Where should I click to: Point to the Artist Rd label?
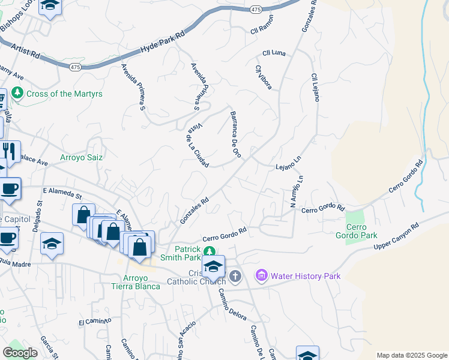24,51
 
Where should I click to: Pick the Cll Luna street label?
273,53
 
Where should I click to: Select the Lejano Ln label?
288,163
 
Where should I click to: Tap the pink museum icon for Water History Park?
261,275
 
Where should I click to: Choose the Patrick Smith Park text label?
187,253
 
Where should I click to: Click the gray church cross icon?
235,276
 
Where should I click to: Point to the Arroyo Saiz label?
81,158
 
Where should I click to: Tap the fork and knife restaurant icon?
9,150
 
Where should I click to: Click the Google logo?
20,353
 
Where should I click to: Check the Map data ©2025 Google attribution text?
412,355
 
